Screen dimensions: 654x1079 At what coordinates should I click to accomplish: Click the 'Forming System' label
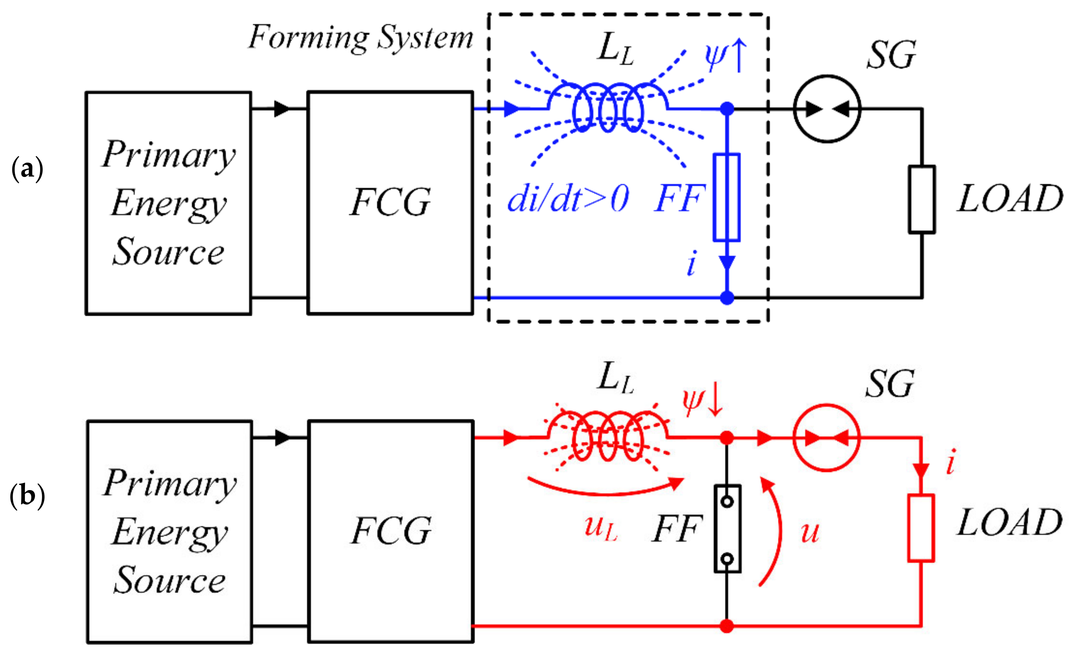click(x=360, y=38)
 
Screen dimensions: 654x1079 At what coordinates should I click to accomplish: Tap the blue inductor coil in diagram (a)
click(x=608, y=108)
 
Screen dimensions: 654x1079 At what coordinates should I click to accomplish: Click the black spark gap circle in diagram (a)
click(x=827, y=108)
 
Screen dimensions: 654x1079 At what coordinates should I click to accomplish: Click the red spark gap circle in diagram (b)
click(x=827, y=437)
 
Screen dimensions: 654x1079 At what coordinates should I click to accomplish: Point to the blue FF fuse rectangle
click(x=727, y=197)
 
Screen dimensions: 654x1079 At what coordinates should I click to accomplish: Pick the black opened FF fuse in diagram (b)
click(x=727, y=529)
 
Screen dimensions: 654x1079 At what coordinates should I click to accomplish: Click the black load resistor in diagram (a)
click(x=921, y=199)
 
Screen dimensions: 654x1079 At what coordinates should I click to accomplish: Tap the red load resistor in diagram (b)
click(x=921, y=528)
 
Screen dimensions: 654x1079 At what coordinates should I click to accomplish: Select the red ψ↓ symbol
click(x=702, y=402)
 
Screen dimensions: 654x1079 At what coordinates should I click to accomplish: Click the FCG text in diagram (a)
click(x=390, y=202)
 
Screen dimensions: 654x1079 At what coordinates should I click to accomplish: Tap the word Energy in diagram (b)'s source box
click(x=170, y=533)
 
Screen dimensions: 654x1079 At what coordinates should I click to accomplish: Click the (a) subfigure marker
click(x=27, y=169)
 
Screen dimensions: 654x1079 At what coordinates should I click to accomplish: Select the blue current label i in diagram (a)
click(x=691, y=264)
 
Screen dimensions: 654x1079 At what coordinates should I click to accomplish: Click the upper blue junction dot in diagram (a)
click(x=727, y=108)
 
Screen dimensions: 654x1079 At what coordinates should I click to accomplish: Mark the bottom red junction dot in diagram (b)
click(x=727, y=626)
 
